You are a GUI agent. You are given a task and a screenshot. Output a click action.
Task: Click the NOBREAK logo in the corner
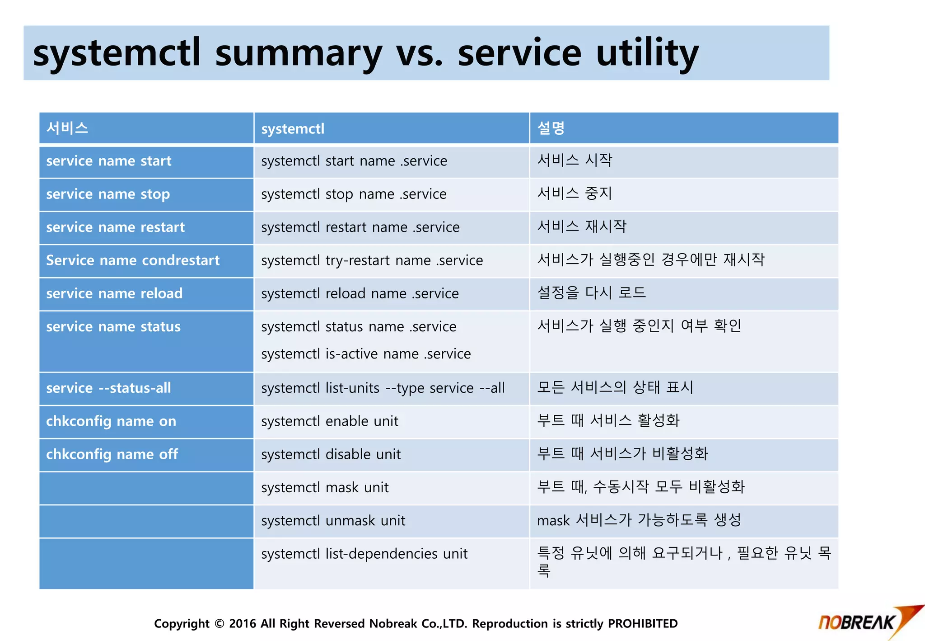[x=867, y=621]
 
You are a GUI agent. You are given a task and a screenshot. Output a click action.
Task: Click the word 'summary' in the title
[x=299, y=53]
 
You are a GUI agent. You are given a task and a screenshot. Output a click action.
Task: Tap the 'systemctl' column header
[x=293, y=129]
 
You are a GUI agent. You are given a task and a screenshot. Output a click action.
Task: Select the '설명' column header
[x=551, y=128]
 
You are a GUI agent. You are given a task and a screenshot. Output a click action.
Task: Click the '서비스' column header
[x=67, y=128]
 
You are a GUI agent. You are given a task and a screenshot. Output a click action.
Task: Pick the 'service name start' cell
[x=109, y=161]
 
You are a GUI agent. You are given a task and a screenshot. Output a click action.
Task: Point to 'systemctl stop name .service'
[x=354, y=194]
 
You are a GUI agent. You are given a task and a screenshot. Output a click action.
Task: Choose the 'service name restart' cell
[x=115, y=227]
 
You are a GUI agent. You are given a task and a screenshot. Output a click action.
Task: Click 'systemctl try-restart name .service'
[x=372, y=260]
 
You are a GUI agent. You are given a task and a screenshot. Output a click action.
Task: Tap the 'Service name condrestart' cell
[x=133, y=260]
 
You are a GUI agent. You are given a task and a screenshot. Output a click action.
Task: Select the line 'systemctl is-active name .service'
[x=366, y=353]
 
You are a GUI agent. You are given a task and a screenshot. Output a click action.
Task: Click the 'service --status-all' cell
[x=108, y=388]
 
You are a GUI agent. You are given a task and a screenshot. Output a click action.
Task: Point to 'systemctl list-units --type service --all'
[x=383, y=388]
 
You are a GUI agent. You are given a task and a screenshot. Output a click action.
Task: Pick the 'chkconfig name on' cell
[x=111, y=421]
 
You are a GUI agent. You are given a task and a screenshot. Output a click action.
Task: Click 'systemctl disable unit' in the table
[x=331, y=454]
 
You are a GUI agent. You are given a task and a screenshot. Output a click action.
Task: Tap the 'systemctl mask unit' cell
[x=325, y=487]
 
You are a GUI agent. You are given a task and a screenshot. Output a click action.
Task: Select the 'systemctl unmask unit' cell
[x=333, y=521]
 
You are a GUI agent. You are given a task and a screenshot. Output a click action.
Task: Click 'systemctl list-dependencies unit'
[x=364, y=554]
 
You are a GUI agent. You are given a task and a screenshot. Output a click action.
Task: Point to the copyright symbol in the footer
[x=220, y=624]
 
